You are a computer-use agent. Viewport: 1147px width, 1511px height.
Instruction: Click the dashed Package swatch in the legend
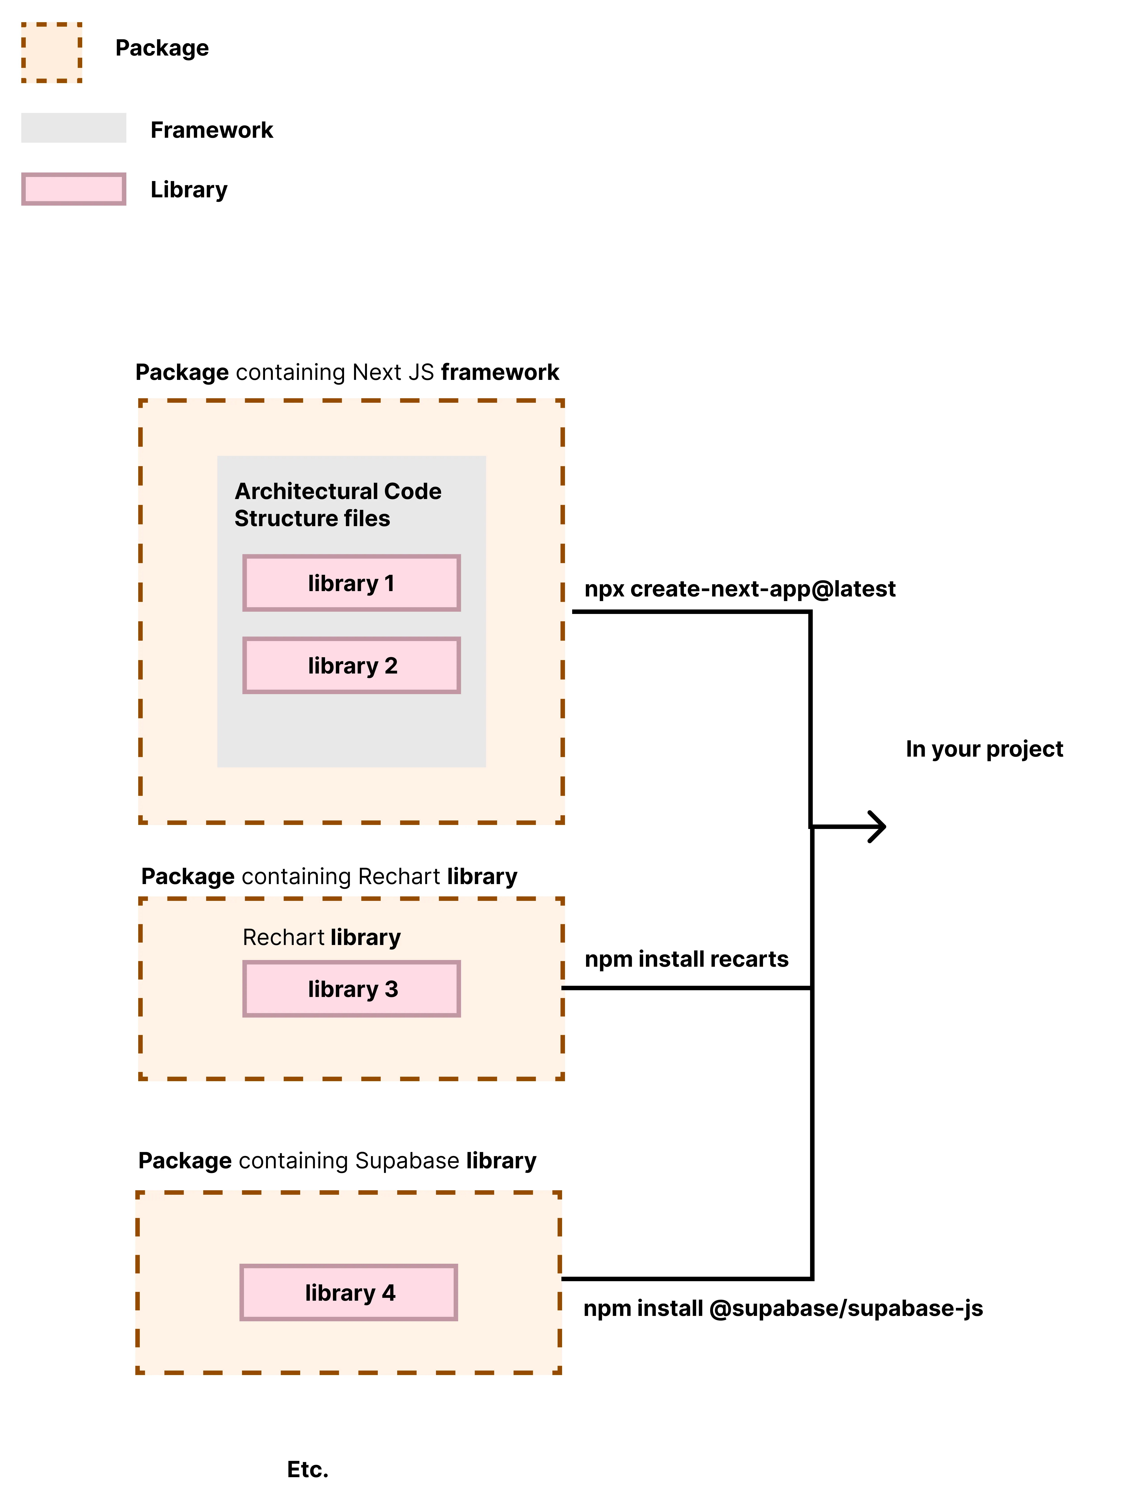pyautogui.click(x=52, y=53)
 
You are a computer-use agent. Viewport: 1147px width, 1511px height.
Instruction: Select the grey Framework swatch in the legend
pyautogui.click(x=74, y=128)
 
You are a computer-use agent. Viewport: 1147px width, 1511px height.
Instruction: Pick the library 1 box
pyautogui.click(x=351, y=583)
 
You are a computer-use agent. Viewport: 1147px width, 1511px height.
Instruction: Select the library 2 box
pyautogui.click(x=351, y=665)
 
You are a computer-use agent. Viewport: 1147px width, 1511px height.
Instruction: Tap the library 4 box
pyautogui.click(x=348, y=1292)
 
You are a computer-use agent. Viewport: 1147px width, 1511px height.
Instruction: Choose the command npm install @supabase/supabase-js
pyautogui.click(x=783, y=1308)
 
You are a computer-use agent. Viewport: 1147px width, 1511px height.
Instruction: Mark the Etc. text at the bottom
pyautogui.click(x=307, y=1469)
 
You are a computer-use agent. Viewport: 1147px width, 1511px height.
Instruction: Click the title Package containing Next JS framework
pyautogui.click(x=347, y=372)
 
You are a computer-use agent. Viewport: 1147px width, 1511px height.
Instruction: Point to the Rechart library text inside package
pyautogui.click(x=321, y=937)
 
